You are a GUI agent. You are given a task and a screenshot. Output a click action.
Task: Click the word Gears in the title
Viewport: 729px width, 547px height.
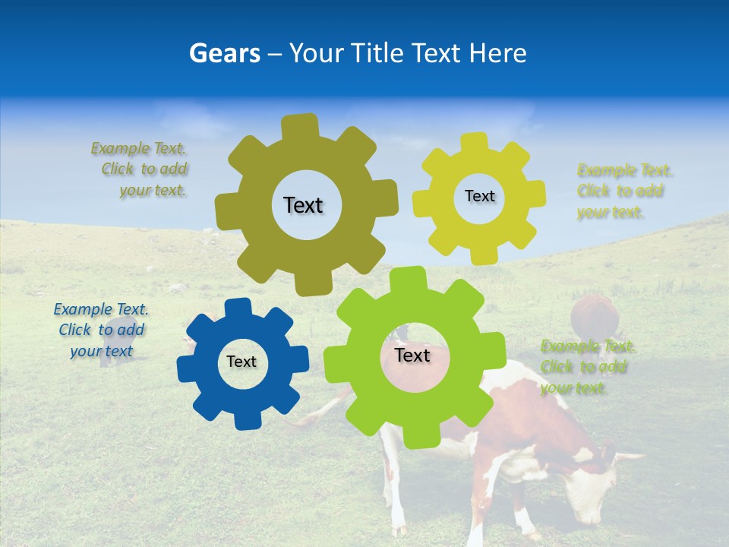[225, 53]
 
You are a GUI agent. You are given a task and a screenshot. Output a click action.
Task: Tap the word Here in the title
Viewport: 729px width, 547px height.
[497, 53]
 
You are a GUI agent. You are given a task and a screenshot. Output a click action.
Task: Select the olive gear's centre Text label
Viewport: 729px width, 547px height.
[303, 205]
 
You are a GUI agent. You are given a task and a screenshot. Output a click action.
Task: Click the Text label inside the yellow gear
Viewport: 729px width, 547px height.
[479, 196]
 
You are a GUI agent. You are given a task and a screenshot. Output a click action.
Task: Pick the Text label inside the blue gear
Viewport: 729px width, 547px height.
[241, 362]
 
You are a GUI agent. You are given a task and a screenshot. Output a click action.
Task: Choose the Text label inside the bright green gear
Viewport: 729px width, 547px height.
[412, 356]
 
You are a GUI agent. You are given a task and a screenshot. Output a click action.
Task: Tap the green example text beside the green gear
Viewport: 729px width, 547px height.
[586, 367]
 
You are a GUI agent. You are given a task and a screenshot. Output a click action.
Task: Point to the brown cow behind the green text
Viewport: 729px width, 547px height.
[594, 315]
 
